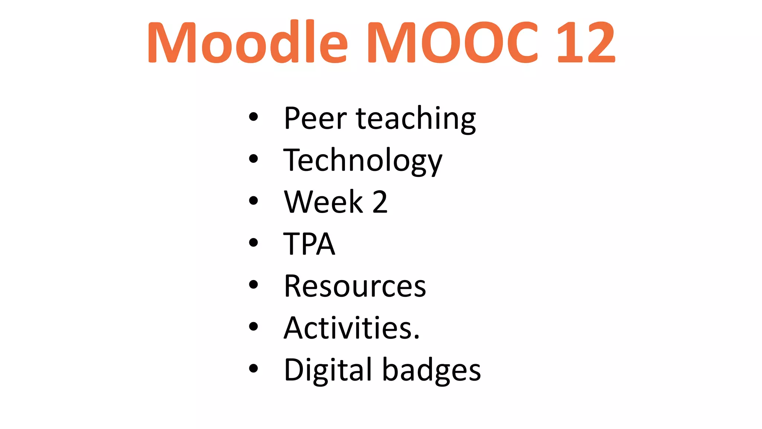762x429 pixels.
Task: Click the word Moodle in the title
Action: coord(247,42)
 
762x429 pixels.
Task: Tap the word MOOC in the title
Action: coord(452,42)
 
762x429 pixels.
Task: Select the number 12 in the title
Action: coord(586,42)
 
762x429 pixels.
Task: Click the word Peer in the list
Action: coord(315,118)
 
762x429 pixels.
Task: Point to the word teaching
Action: coord(416,119)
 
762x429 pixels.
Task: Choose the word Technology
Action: coord(363,161)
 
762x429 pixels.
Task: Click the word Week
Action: coord(323,202)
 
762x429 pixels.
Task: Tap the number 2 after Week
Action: coord(380,202)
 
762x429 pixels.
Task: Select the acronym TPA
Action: coord(309,244)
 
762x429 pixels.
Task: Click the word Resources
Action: coord(355,286)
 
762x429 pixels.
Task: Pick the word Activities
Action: coord(349,328)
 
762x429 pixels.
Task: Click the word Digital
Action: coord(328,371)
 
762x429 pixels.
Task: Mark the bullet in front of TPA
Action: coord(253,243)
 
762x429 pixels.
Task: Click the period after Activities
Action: coord(416,337)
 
